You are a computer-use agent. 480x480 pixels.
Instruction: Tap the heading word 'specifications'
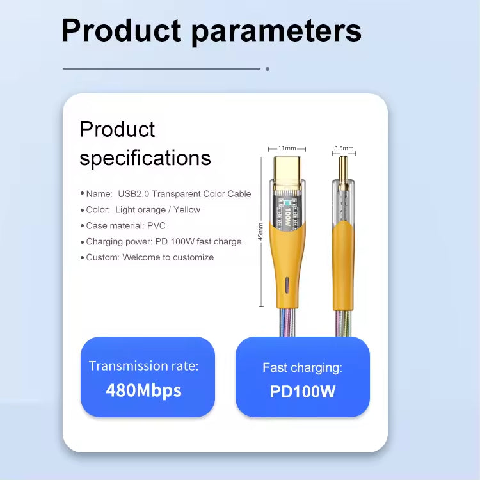click(x=145, y=157)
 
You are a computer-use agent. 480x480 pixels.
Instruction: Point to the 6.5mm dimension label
click(x=344, y=148)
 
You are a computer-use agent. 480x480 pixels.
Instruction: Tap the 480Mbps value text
click(x=143, y=390)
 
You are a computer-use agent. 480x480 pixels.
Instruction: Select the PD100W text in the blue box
click(x=303, y=391)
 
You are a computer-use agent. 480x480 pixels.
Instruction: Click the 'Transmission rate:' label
click(x=143, y=366)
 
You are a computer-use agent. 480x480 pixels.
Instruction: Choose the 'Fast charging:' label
click(x=302, y=367)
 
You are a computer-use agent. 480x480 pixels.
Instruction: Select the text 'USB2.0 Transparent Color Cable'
click(x=184, y=194)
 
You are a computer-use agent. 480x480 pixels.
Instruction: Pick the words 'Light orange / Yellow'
click(x=157, y=210)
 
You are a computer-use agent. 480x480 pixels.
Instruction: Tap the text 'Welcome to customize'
click(x=168, y=257)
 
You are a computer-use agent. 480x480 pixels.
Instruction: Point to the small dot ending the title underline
click(x=268, y=68)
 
